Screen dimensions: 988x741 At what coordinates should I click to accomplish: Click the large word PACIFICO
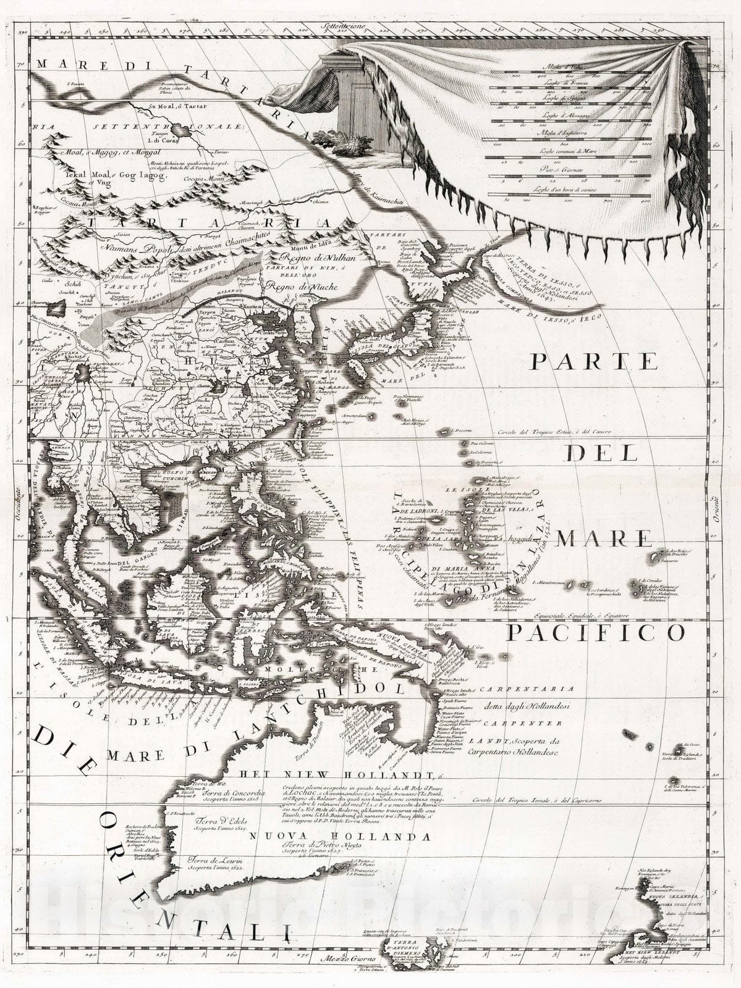point(596,632)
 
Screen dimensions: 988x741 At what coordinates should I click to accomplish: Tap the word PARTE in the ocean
point(594,361)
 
